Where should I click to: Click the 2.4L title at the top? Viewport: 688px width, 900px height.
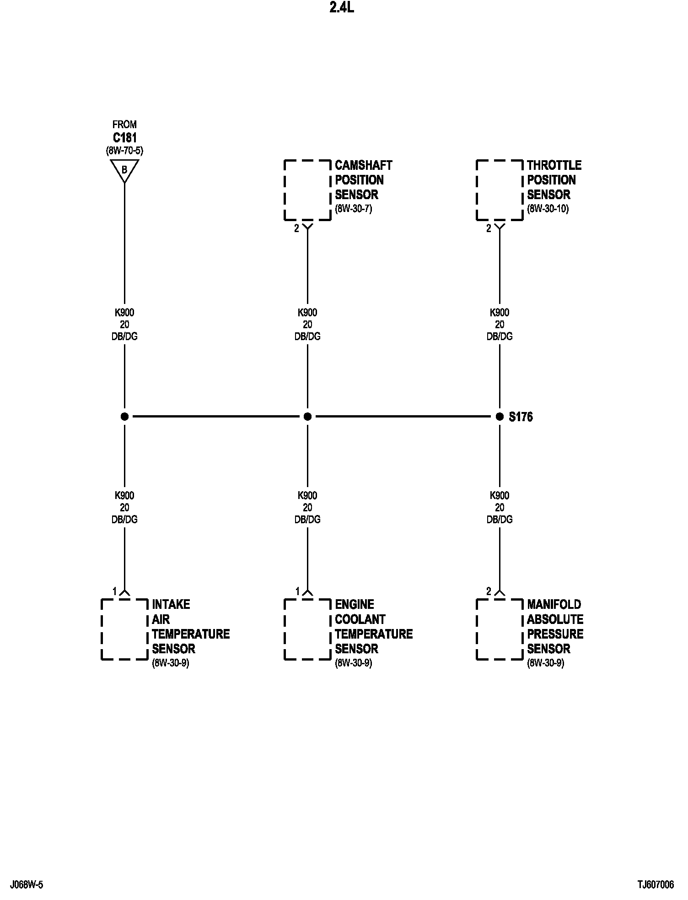(x=342, y=9)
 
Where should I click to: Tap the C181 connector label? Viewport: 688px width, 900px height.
(x=124, y=137)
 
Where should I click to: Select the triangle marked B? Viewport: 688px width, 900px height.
(x=124, y=170)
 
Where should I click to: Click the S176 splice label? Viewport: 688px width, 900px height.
(x=521, y=417)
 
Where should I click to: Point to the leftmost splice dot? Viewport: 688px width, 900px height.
(x=124, y=417)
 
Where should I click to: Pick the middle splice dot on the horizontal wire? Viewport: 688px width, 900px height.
(x=307, y=417)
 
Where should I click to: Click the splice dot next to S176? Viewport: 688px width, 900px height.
(x=500, y=417)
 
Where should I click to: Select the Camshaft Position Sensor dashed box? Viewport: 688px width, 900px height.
(x=307, y=190)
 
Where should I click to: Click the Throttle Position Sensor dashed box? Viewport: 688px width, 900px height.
(x=500, y=190)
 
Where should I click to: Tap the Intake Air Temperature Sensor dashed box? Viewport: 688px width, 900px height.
(x=124, y=629)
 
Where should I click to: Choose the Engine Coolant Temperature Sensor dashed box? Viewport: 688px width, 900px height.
(x=307, y=629)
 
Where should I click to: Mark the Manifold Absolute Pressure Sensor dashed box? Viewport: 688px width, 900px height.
(x=500, y=629)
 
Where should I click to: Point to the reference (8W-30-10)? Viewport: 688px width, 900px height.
(x=548, y=210)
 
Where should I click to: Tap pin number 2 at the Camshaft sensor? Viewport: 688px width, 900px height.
(x=296, y=228)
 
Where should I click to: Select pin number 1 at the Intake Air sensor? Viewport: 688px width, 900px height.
(x=115, y=591)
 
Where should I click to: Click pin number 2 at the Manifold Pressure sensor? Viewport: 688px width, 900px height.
(x=489, y=591)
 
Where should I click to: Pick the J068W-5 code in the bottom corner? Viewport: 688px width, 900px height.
(x=27, y=885)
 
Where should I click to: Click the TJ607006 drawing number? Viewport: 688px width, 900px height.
(x=656, y=885)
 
